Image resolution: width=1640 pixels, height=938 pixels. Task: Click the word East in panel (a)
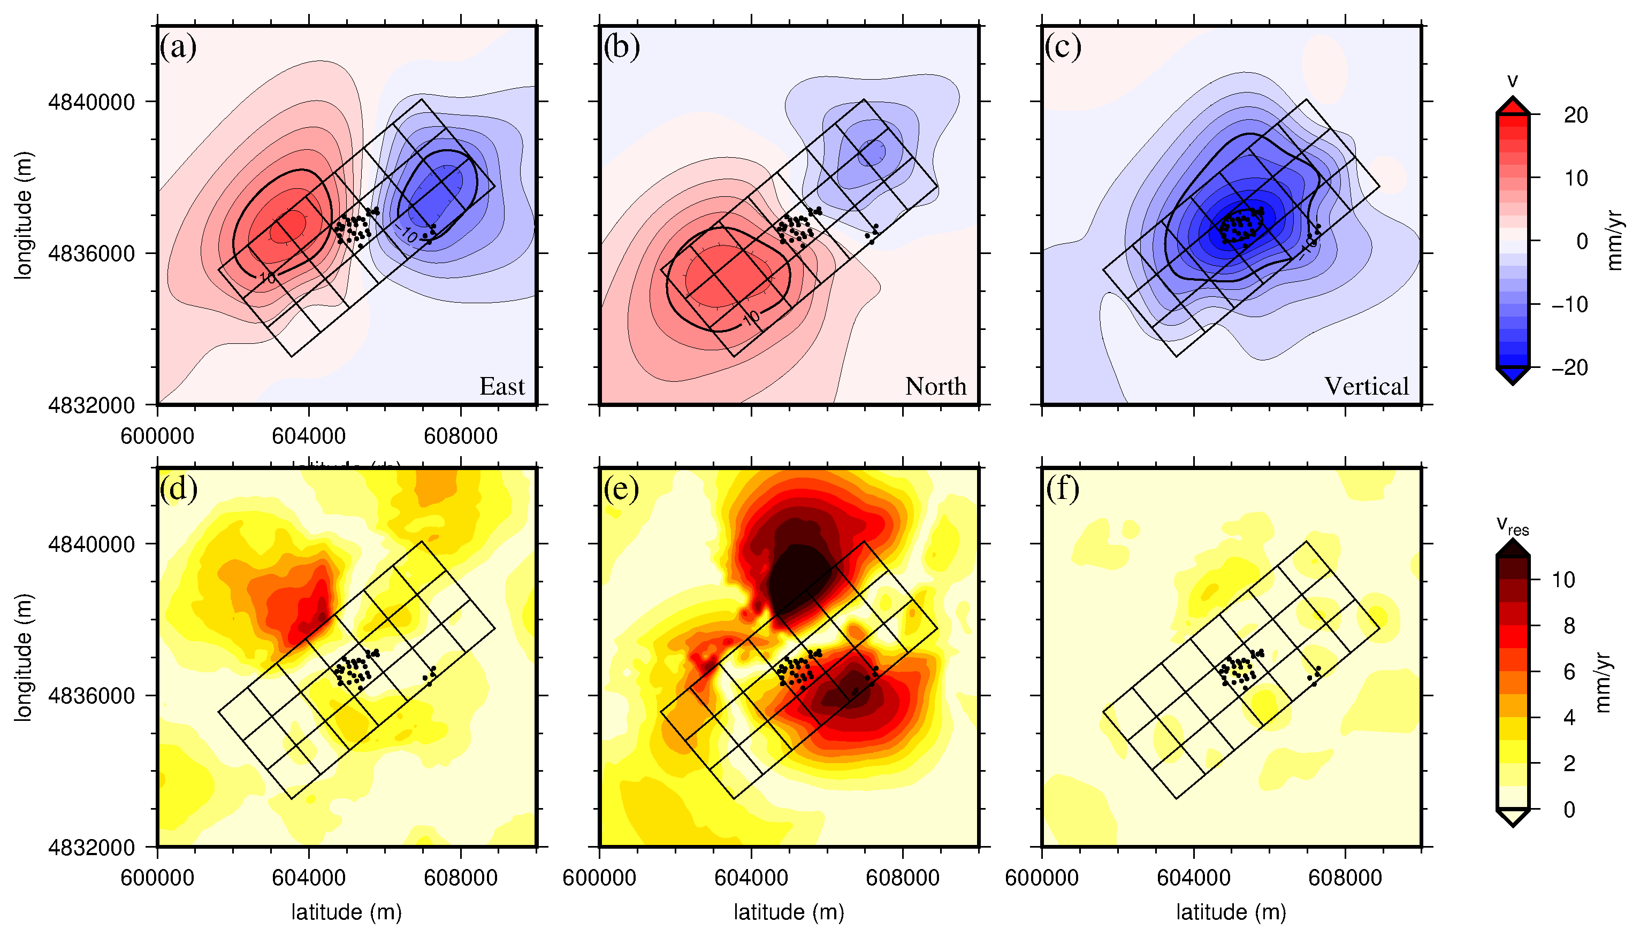pyautogui.click(x=502, y=387)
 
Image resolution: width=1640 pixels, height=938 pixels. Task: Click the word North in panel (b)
pyautogui.click(x=936, y=387)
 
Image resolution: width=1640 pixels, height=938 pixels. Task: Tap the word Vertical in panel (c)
pyautogui.click(x=1366, y=387)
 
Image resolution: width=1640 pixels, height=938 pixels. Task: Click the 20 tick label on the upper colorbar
pyautogui.click(x=1576, y=116)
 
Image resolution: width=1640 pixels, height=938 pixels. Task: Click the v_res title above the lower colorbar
pyautogui.click(x=1512, y=526)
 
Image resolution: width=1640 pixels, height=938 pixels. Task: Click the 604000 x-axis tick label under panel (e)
pyautogui.click(x=751, y=878)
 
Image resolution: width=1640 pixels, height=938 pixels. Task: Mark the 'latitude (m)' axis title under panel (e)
pyautogui.click(x=789, y=912)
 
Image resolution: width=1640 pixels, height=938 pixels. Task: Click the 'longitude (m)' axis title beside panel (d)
pyautogui.click(x=23, y=657)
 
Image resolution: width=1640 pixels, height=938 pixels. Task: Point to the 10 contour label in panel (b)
pyautogui.click(x=751, y=318)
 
